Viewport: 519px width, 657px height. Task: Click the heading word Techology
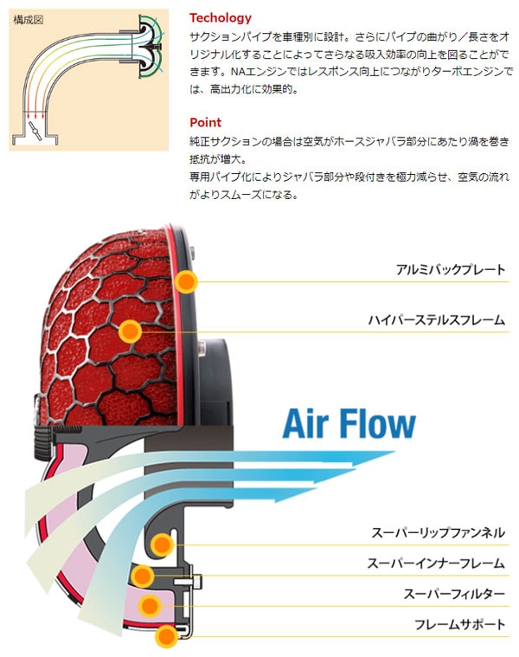220,17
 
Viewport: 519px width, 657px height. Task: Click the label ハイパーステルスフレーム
436,320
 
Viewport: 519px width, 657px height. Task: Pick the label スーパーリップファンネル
436,533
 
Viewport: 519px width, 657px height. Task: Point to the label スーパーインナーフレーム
436,564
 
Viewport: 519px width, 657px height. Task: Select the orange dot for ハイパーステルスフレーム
130,330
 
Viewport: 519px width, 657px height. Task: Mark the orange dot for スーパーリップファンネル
159,544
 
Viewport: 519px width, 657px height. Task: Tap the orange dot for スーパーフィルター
151,605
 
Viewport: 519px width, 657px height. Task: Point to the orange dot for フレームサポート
166,636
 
